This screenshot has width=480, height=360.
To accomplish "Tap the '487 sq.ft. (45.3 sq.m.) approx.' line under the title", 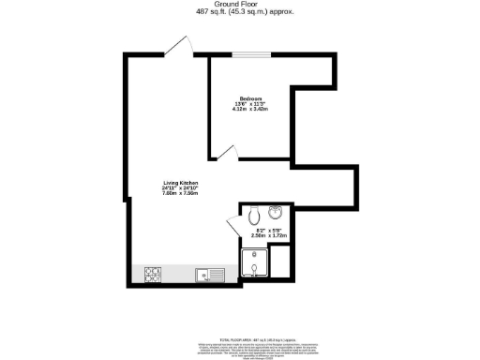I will coord(241,12).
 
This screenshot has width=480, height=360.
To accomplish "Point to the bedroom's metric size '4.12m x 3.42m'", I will coord(248,109).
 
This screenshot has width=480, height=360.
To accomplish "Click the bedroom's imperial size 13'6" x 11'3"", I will coord(248,103).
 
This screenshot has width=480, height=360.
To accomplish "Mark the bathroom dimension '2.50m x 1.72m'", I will coord(270,236).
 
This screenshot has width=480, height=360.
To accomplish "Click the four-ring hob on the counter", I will coord(153,274).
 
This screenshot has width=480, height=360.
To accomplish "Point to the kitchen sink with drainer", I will coord(207,274).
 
